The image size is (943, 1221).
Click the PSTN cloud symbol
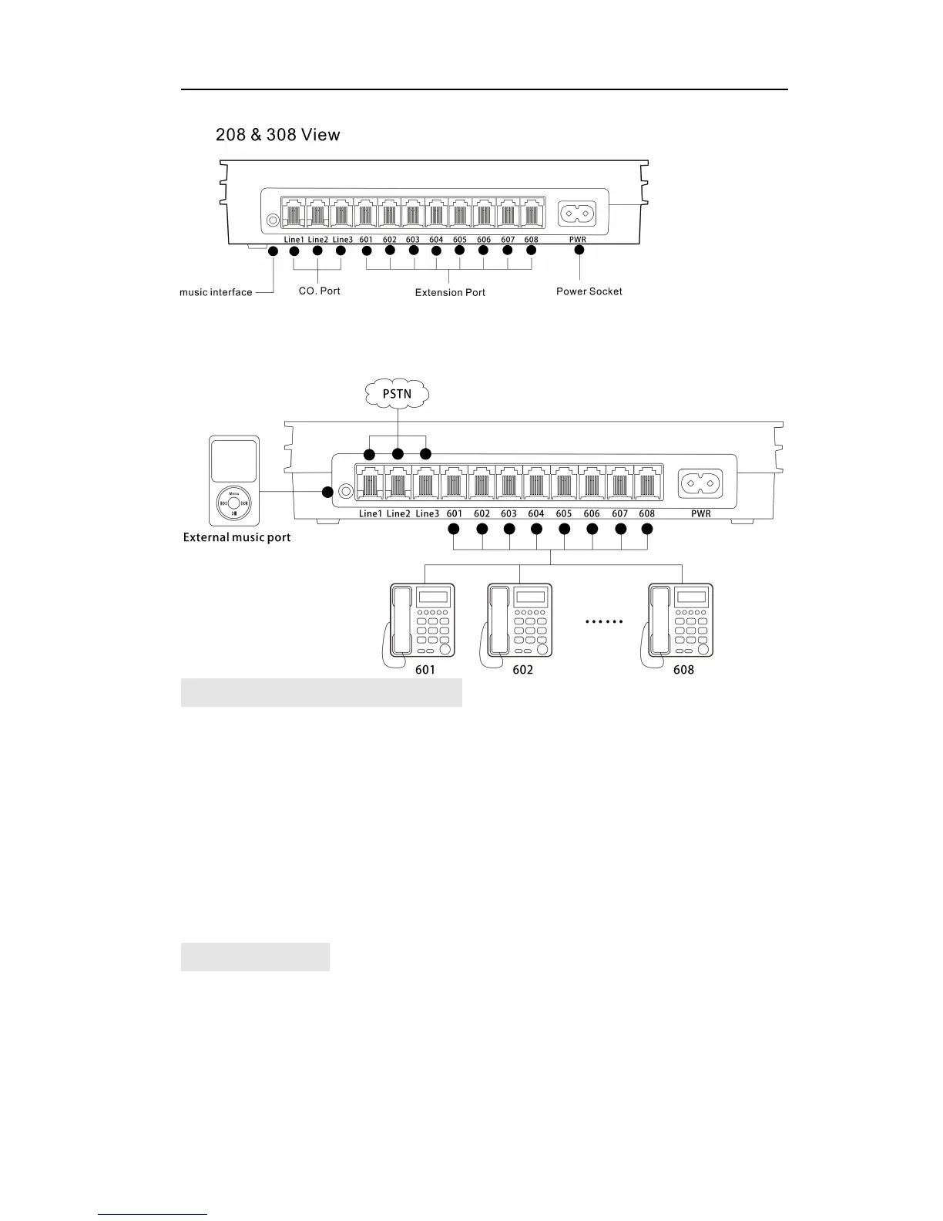397,394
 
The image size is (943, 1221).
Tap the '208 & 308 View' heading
277,135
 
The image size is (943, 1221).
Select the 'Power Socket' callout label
589,291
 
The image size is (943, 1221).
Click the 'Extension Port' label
450,292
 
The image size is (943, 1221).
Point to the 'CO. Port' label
319,291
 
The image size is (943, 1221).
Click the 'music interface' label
216,292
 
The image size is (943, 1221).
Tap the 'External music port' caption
237,537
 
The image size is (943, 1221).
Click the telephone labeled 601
419,623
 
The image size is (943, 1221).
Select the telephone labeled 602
519,623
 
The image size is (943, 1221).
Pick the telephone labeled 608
680,623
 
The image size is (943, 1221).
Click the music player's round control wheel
234,505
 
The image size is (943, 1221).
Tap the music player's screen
234,461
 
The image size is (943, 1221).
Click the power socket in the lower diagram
701,484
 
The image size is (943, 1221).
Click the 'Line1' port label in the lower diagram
371,513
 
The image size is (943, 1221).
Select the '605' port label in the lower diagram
564,513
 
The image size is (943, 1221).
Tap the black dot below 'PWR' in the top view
579,250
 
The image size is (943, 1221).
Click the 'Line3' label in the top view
342,240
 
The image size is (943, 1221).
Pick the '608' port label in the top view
531,240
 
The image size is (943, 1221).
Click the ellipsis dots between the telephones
604,621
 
